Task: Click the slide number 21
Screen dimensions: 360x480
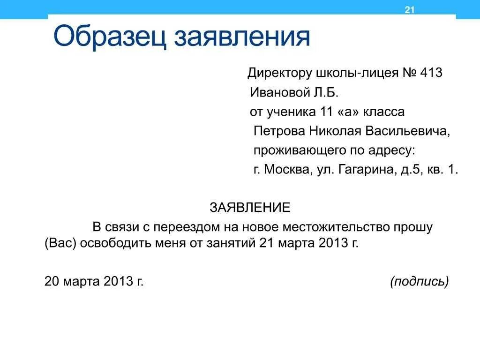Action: [410, 10]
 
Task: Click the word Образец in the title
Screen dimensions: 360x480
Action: [110, 37]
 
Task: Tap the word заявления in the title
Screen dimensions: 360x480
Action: [242, 38]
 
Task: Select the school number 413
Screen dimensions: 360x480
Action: [431, 73]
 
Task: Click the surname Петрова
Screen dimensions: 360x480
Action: [279, 131]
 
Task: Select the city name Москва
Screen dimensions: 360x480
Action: [286, 169]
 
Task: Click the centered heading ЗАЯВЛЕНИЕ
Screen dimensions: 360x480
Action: [250, 207]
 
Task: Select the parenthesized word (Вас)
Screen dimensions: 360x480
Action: [60, 243]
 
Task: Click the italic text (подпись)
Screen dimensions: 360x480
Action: [419, 281]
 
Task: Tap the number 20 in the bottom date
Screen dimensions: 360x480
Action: [51, 281]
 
